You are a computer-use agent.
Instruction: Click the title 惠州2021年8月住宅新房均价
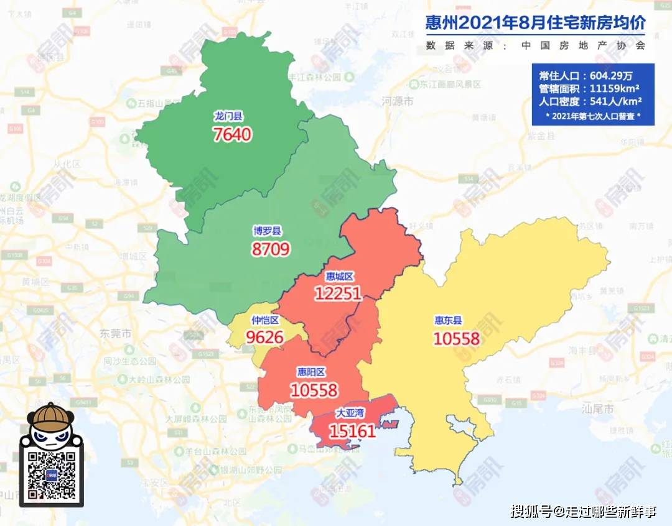click(535, 24)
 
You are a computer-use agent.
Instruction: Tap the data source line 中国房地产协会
click(535, 45)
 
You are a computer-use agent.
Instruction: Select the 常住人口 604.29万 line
click(586, 76)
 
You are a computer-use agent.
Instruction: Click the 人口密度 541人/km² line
click(590, 101)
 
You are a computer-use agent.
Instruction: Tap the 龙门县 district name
click(228, 116)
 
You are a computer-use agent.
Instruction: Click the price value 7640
click(232, 134)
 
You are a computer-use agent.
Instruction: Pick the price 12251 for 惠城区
click(338, 293)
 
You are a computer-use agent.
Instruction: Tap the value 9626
click(264, 338)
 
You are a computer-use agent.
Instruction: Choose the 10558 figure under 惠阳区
click(314, 390)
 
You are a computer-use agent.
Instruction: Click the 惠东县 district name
click(448, 321)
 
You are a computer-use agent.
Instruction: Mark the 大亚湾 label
click(352, 412)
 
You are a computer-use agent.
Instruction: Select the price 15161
click(352, 430)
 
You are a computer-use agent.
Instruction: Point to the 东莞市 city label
click(116, 334)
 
